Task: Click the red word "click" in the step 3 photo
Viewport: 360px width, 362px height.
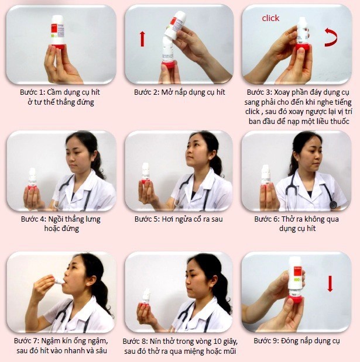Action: coord(270,18)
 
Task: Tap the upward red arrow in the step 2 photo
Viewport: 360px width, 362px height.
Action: coord(142,39)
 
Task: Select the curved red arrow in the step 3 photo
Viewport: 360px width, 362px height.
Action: coord(331,37)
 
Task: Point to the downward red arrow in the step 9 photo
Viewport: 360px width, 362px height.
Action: coord(330,284)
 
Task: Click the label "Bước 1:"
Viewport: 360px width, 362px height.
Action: coord(32,92)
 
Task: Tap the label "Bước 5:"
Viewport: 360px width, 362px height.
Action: coord(147,219)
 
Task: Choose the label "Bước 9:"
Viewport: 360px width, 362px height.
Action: coord(266,341)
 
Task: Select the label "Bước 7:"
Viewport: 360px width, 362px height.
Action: coord(27,341)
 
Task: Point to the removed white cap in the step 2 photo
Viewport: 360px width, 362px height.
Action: coord(176,25)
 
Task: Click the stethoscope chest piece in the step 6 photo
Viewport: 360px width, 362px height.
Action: coord(333,205)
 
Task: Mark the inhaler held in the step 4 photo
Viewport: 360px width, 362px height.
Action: coord(32,179)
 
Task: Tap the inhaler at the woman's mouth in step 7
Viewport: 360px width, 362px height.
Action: coord(58,280)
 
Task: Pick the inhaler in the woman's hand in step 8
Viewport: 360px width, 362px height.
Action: coord(146,298)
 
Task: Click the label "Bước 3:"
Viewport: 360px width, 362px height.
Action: coord(259,92)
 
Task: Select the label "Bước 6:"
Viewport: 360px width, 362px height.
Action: coord(267,219)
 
